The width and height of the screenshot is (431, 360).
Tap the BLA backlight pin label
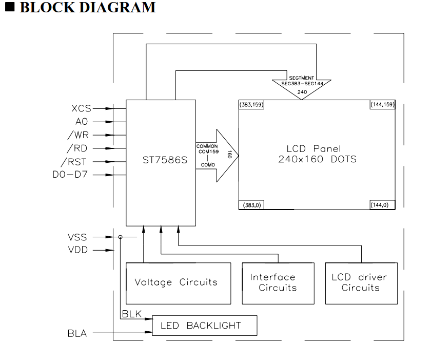pyautogui.click(x=77, y=333)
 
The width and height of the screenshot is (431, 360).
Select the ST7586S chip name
pyautogui.click(x=161, y=160)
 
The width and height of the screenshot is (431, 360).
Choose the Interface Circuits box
pyautogui.click(x=278, y=282)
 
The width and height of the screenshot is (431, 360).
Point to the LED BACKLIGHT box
pyautogui.click(x=205, y=326)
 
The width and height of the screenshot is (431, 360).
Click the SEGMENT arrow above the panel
pyautogui.click(x=301, y=85)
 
